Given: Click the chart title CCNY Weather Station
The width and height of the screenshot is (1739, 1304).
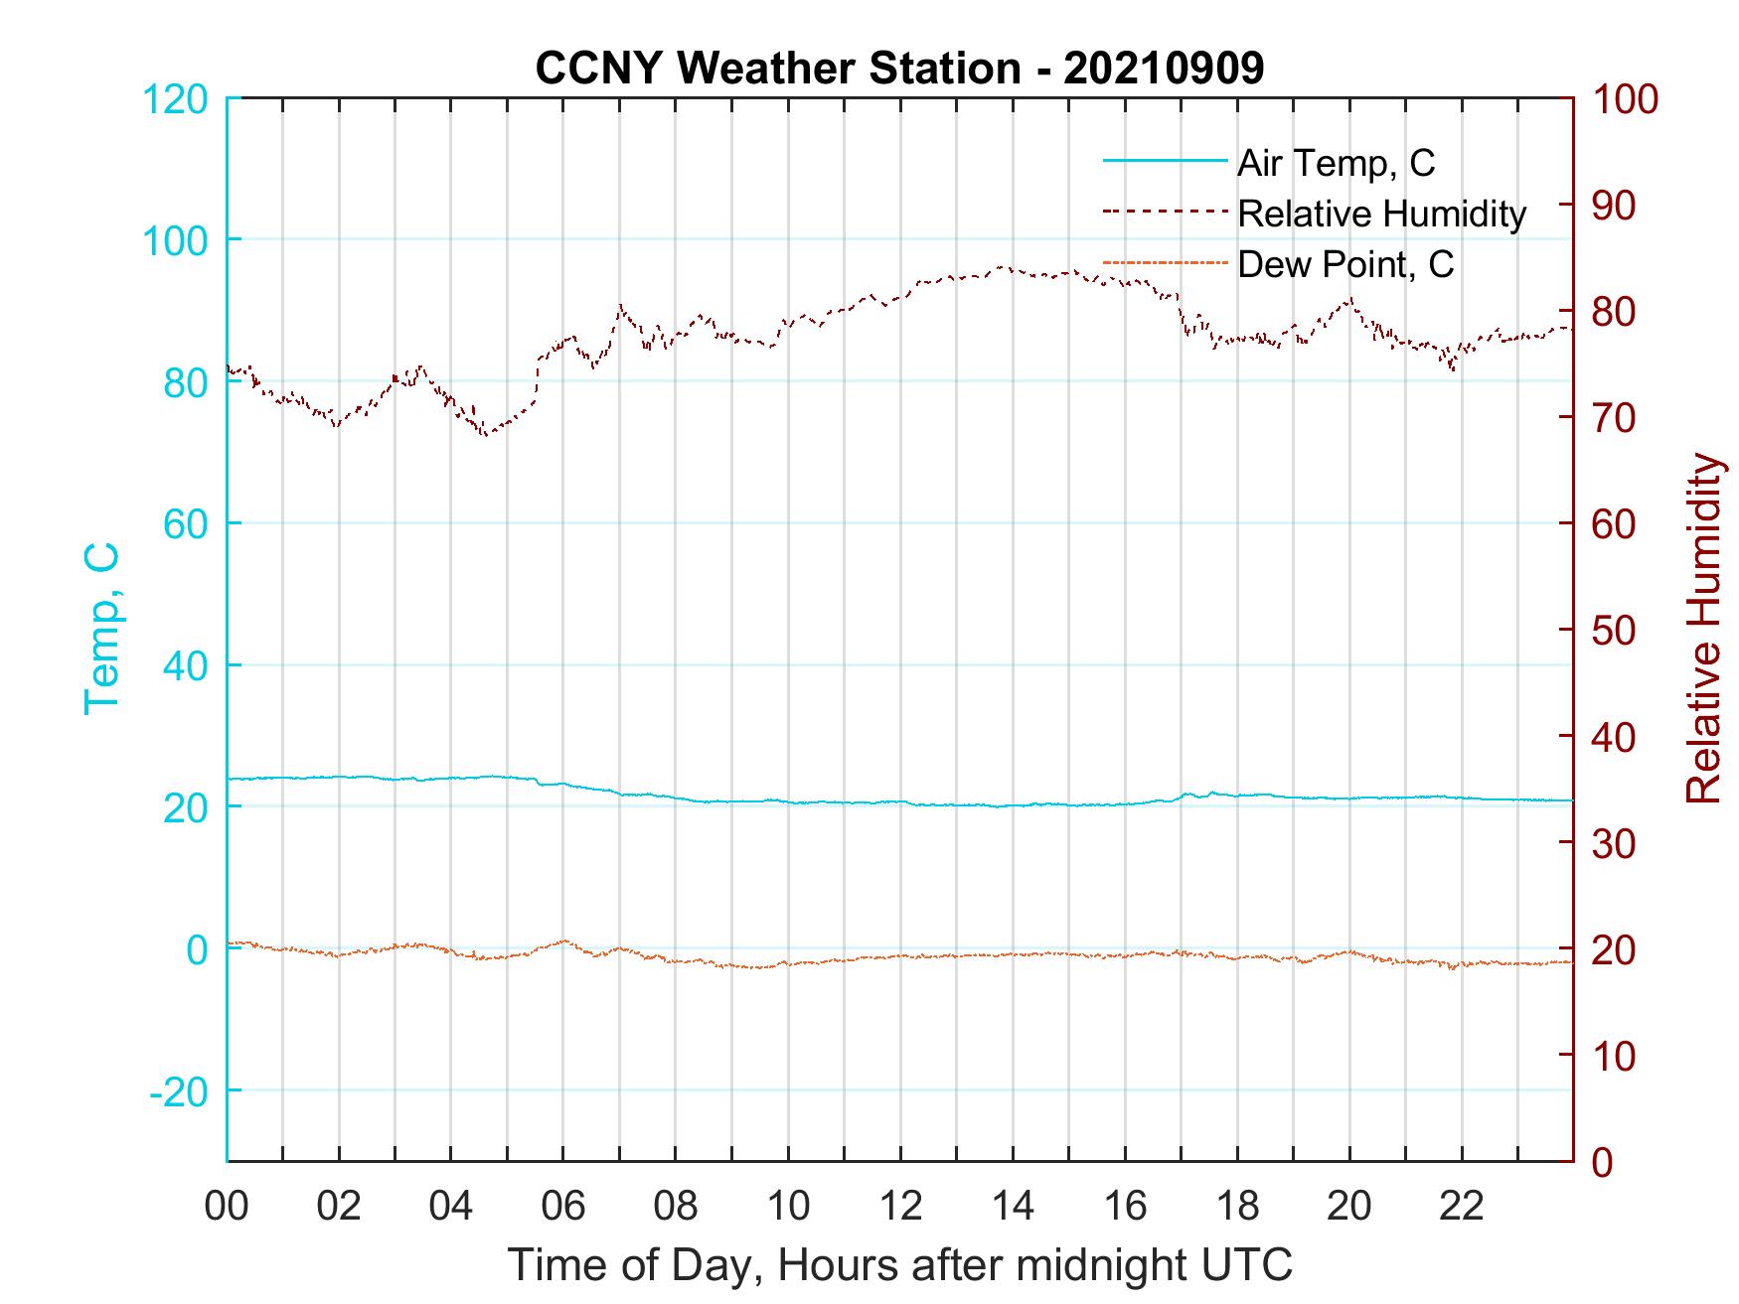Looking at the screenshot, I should click(x=899, y=69).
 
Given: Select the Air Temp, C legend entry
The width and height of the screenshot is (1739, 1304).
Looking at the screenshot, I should click(x=1335, y=163).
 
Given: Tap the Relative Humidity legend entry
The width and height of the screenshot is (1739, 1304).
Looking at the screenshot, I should click(x=1380, y=214).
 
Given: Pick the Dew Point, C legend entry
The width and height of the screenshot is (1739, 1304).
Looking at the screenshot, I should click(x=1344, y=264).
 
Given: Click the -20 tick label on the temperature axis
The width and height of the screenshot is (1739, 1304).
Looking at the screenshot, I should click(x=178, y=1091).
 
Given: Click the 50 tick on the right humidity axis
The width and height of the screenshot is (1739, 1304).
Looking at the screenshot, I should click(x=1615, y=631).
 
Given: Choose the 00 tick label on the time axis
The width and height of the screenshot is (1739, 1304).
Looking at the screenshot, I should click(x=227, y=1207).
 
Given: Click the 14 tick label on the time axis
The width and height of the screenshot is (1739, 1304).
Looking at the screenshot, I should click(x=1013, y=1207).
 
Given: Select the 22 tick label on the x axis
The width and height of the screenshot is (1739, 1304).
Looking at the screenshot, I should click(x=1462, y=1207).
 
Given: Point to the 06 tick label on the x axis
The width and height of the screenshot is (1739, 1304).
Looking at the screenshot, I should click(x=563, y=1207).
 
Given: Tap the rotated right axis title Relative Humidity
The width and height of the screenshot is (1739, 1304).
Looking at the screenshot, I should click(x=1703, y=628).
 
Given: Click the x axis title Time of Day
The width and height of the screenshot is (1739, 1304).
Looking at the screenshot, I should click(x=899, y=1265).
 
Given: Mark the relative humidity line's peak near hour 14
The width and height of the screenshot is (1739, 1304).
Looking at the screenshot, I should click(x=1002, y=266).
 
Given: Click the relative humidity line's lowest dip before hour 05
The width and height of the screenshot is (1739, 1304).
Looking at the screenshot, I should click(x=484, y=434).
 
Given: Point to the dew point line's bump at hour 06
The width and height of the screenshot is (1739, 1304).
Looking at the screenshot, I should click(x=563, y=940).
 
